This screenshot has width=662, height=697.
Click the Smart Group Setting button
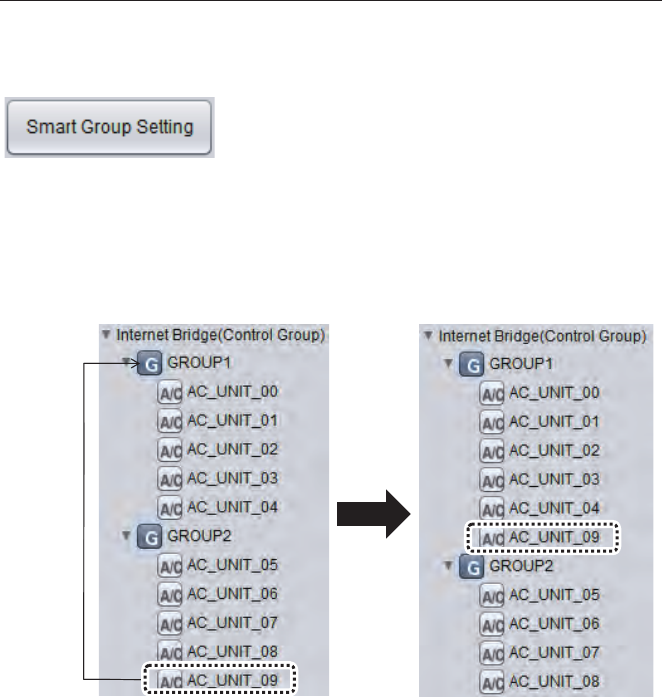pyautogui.click(x=109, y=127)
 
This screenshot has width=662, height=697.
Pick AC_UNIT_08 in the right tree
pyautogui.click(x=554, y=681)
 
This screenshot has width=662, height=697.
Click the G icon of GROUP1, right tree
pyautogui.click(x=470, y=364)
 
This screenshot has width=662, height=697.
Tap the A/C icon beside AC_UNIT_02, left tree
pyautogui.click(x=170, y=450)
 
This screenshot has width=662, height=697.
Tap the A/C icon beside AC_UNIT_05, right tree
pyautogui.click(x=492, y=595)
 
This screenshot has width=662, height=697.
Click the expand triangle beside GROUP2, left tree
pyautogui.click(x=125, y=536)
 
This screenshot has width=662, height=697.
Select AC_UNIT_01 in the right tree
pyautogui.click(x=554, y=422)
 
